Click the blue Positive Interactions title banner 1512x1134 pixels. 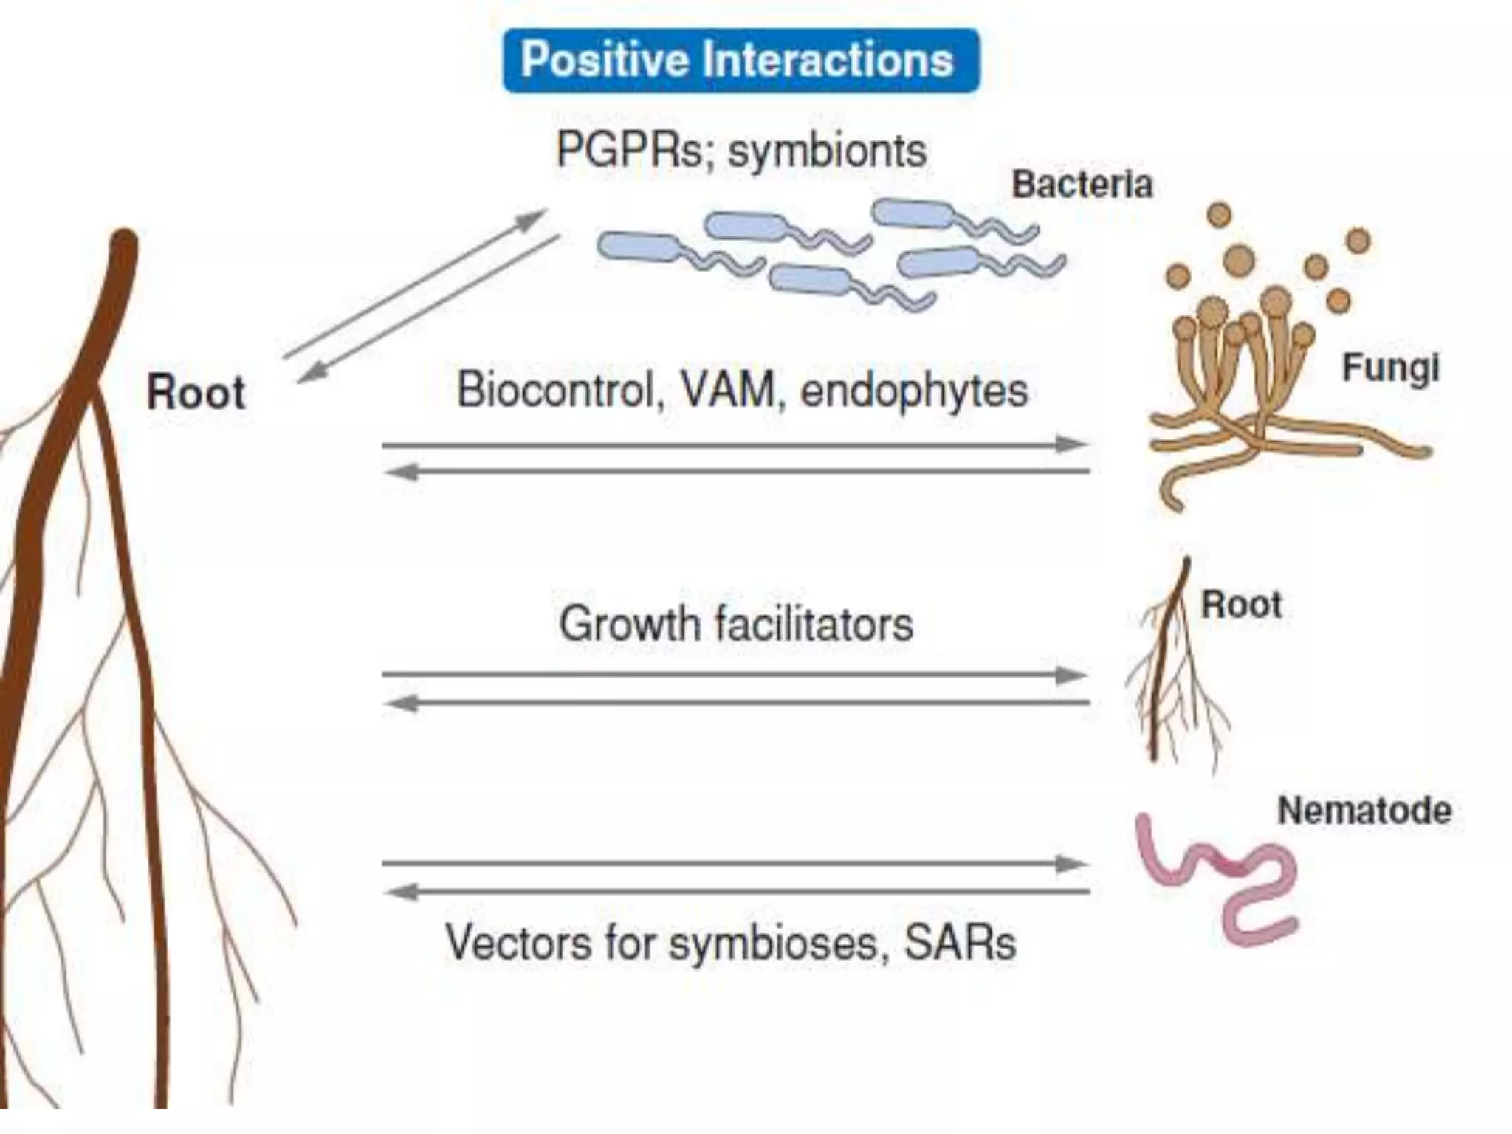tap(740, 61)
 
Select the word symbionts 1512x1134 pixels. tap(827, 151)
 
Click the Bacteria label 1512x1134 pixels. tap(1082, 185)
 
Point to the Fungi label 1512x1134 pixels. tap(1390, 368)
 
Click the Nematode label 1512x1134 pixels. tap(1364, 811)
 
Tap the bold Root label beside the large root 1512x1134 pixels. tap(196, 392)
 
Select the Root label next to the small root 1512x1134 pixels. tap(1241, 605)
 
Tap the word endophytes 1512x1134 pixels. tap(914, 391)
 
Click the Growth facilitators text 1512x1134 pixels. tap(736, 624)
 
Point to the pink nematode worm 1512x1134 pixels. tap(1218, 879)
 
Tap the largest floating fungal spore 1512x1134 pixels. tap(1239, 260)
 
